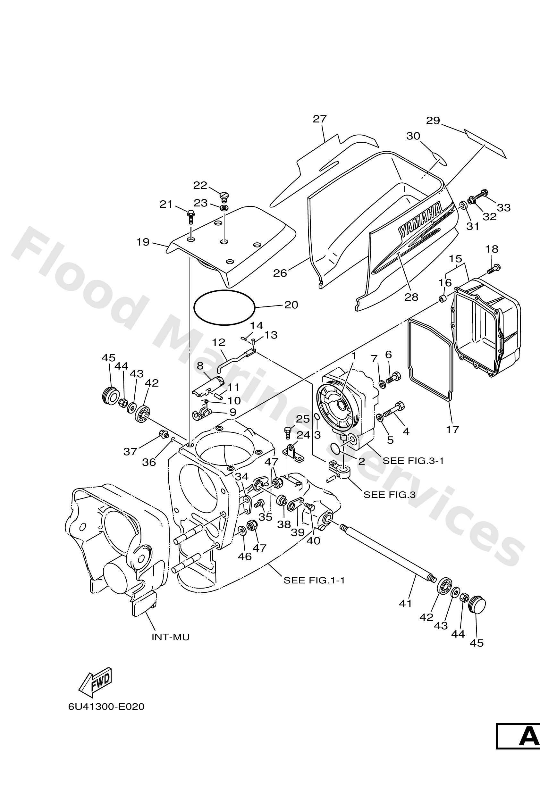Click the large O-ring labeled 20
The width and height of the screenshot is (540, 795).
(224, 307)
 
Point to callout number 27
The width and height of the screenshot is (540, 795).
(320, 119)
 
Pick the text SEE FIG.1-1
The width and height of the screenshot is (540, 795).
(314, 580)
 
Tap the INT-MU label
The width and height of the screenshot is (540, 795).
(170, 637)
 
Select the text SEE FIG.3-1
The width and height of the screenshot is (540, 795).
(413, 460)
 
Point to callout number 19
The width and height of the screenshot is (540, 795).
(143, 242)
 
